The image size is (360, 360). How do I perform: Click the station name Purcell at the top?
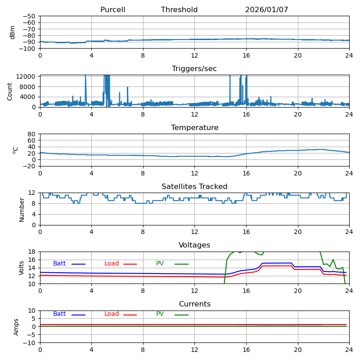click(x=113, y=9)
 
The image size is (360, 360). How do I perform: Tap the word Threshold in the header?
click(x=179, y=9)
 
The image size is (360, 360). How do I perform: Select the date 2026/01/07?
click(x=266, y=9)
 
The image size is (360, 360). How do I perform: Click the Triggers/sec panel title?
click(x=194, y=69)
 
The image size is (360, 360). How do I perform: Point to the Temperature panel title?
click(x=195, y=127)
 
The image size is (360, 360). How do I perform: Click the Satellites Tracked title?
click(x=194, y=186)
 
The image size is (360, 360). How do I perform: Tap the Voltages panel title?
click(x=194, y=245)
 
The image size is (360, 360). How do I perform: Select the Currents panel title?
click(x=195, y=304)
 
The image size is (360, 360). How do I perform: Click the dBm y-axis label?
click(x=12, y=32)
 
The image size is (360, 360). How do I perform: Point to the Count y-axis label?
click(x=9, y=92)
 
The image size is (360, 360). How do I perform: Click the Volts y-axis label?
click(x=21, y=268)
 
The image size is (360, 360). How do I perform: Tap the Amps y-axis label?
click(x=16, y=327)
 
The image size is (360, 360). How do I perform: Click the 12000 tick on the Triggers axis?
click(x=26, y=76)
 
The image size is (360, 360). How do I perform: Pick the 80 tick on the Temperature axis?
click(x=31, y=134)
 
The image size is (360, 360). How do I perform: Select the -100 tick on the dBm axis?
click(x=27, y=49)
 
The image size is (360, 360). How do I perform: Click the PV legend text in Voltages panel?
click(x=160, y=263)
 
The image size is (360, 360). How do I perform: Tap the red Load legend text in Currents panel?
click(x=112, y=314)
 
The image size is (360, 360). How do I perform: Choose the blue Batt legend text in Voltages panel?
click(x=59, y=263)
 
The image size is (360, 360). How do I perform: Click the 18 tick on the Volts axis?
click(x=31, y=252)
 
